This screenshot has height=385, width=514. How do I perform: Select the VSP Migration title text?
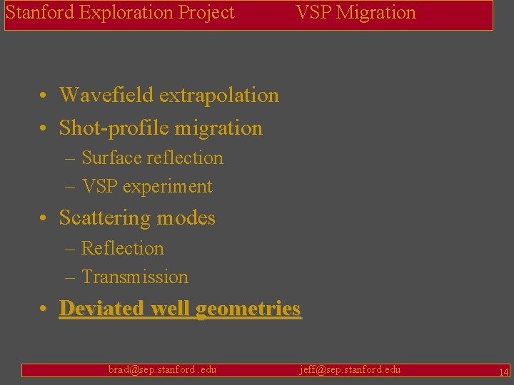pos(356,13)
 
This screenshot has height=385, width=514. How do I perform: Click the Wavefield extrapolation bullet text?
pos(168,95)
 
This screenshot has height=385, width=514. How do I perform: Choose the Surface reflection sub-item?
pos(152,158)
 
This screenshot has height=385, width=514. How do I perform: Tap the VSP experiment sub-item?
pos(146,187)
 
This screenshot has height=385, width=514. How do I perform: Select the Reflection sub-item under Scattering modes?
pos(122,249)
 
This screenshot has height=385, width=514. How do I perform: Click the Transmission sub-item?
pos(134,277)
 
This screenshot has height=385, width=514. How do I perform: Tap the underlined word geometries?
pos(248,309)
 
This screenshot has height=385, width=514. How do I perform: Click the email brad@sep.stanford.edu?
pos(162,369)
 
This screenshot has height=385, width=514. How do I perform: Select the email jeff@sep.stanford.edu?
pos(349,369)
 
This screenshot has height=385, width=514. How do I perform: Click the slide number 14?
pos(503,371)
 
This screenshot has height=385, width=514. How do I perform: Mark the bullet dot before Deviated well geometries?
pos(44,309)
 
